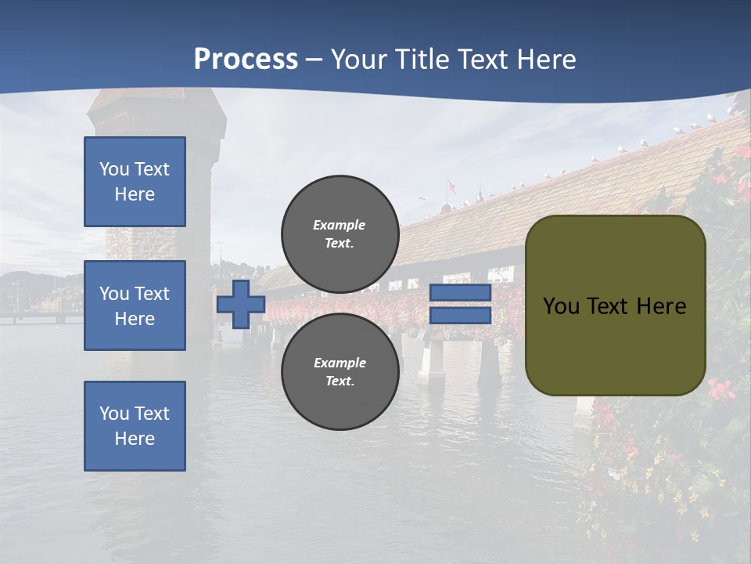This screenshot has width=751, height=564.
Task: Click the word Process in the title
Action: pos(246,60)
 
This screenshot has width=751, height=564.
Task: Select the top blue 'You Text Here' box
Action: pos(135,182)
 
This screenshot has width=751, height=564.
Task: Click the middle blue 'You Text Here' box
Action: pos(135,305)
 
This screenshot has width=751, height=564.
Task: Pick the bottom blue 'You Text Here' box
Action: pos(135,426)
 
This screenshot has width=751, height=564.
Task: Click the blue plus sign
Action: pos(241,305)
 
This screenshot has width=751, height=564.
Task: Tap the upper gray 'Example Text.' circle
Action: pos(340,233)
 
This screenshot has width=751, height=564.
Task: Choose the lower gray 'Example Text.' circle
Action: pos(340,371)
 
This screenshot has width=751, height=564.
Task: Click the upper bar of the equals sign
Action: pos(460,293)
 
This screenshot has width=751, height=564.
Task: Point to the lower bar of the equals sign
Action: pos(460,316)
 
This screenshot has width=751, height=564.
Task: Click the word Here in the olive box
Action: pos(661,306)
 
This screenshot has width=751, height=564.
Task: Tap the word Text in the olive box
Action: pos(608,306)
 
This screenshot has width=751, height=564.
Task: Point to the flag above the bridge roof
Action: pos(451,186)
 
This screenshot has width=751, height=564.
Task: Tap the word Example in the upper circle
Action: pos(340,225)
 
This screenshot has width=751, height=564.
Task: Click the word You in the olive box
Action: pos(561,306)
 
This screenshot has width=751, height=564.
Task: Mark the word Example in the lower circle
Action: pos(340,363)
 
